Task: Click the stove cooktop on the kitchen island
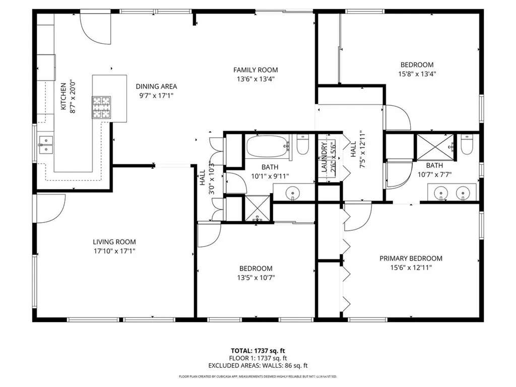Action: pos(101,107)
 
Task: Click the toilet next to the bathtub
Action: pos(303,145)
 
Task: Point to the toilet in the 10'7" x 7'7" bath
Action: pos(467,145)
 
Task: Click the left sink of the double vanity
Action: pos(442,192)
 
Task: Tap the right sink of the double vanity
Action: pos(463,192)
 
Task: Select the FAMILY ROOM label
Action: pos(255,70)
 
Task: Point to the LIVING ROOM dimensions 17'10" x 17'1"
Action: pos(114,250)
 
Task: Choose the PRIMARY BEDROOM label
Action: pos(411,259)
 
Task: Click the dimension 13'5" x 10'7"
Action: pos(255,277)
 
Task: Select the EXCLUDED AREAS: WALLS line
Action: pos(257,366)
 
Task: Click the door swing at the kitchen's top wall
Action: pos(96,29)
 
